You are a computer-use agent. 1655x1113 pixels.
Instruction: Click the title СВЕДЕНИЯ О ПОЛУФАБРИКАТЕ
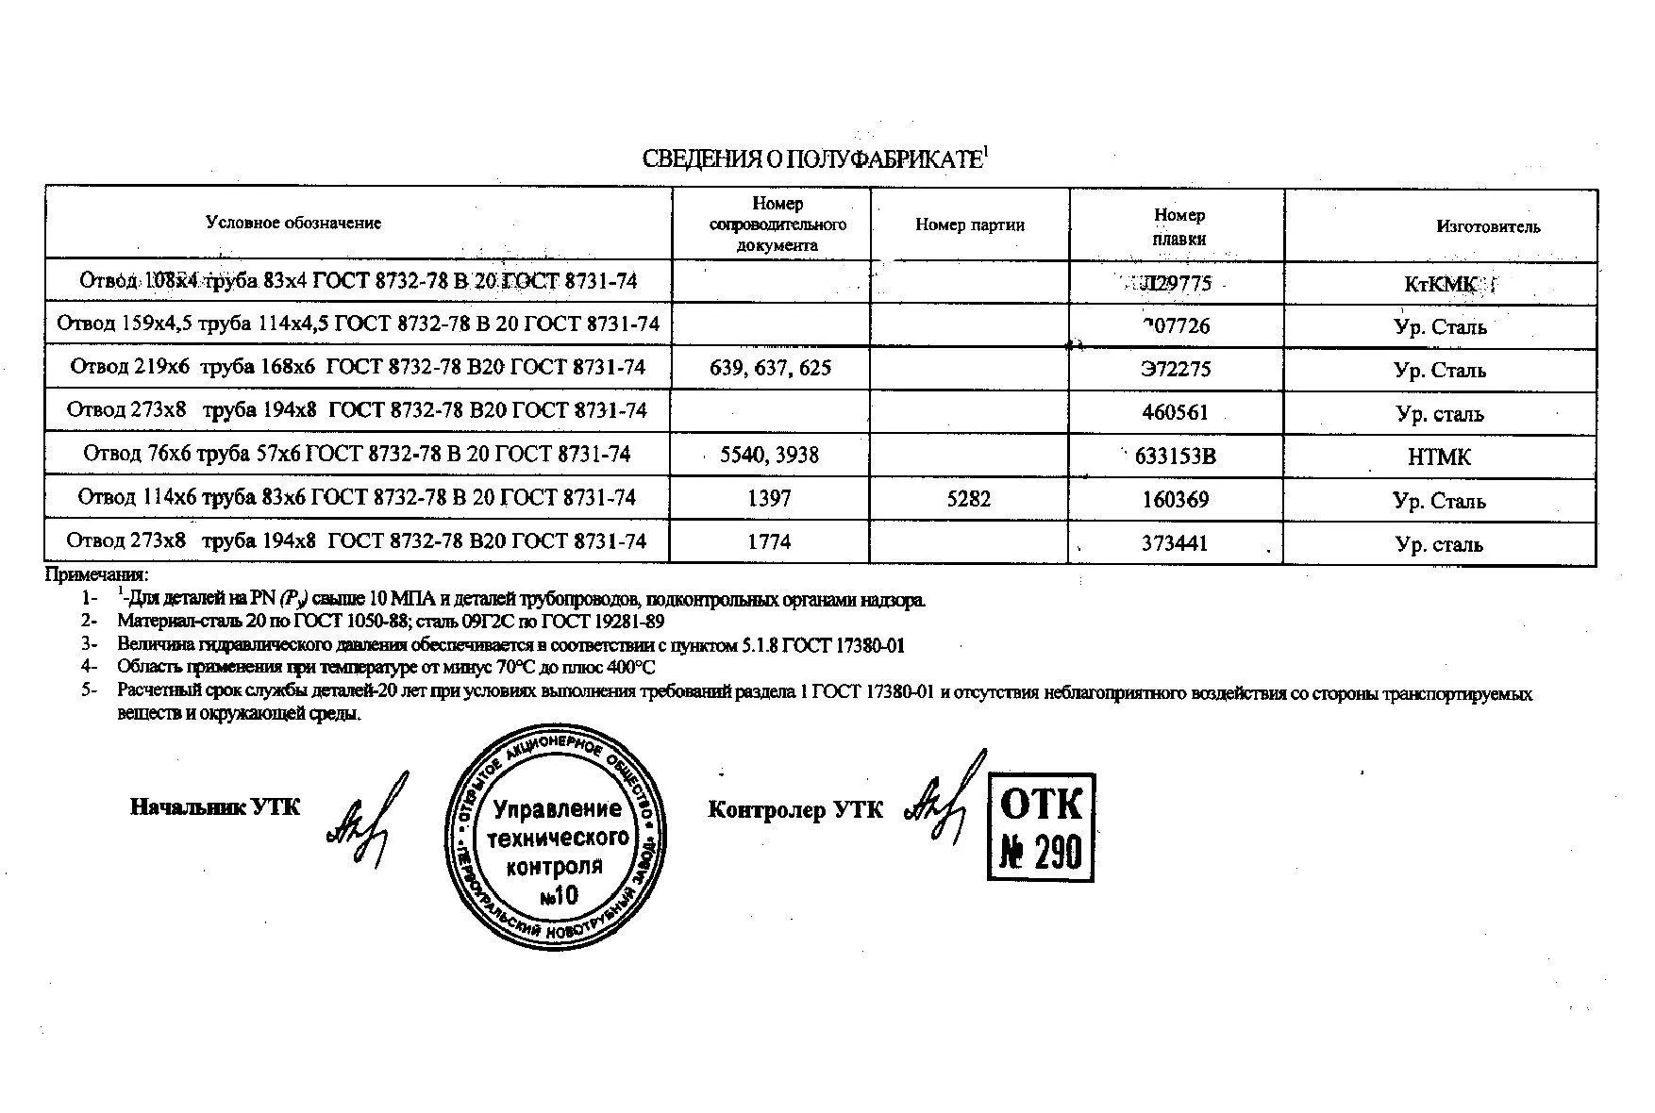813,158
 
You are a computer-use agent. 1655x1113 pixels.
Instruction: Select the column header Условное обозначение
293,224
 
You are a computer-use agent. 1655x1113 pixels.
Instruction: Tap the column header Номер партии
969,225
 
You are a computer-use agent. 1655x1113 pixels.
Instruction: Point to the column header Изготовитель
1488,226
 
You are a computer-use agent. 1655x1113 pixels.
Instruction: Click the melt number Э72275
1175,369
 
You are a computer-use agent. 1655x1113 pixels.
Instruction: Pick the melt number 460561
1174,412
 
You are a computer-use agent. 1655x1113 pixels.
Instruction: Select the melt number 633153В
1175,457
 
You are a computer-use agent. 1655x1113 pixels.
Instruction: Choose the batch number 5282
969,499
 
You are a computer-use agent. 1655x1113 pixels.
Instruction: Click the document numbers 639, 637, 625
770,368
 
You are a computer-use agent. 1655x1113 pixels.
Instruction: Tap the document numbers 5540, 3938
769,456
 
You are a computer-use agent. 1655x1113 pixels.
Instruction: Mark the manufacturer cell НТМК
1439,457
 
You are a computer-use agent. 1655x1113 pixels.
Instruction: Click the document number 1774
769,542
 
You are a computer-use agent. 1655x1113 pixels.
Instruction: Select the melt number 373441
1174,543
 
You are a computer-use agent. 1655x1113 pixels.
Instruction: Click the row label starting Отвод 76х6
357,454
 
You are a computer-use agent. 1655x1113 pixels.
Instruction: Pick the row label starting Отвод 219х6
357,367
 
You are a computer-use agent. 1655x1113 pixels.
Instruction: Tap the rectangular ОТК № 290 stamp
1041,827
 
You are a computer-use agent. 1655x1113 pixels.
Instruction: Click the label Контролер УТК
795,810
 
